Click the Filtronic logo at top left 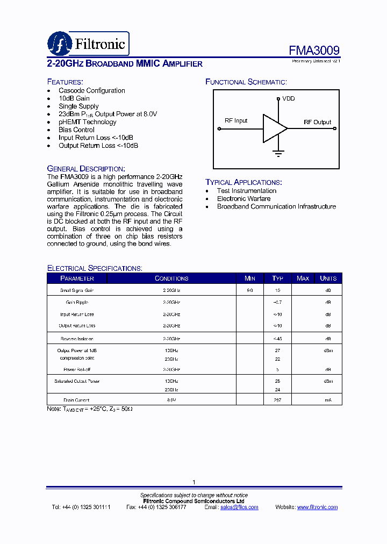click(x=88, y=43)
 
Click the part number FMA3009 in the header click(x=314, y=51)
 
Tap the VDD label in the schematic click(x=288, y=99)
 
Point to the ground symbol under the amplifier click(x=278, y=153)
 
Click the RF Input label click(x=235, y=120)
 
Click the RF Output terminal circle click(x=335, y=128)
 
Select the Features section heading click(x=65, y=82)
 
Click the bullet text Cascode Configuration click(x=91, y=90)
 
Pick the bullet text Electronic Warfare click(x=243, y=198)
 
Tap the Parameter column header click(x=77, y=278)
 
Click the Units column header click(x=328, y=278)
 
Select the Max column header click(x=303, y=278)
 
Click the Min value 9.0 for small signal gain click(x=250, y=290)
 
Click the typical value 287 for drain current click(x=277, y=400)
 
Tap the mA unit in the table click(x=328, y=400)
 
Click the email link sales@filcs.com click(x=239, y=507)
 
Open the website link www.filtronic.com click(x=317, y=507)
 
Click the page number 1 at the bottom click(x=193, y=482)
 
